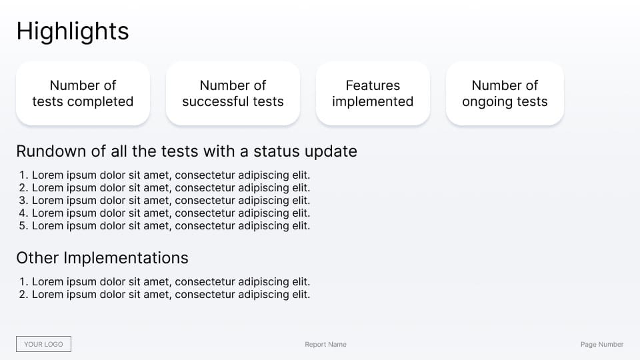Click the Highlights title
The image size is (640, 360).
pyautogui.click(x=73, y=31)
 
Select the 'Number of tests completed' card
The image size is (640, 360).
pyautogui.click(x=83, y=93)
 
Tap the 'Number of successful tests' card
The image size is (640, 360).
pyautogui.click(x=233, y=93)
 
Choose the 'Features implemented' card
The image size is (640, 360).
pyautogui.click(x=373, y=93)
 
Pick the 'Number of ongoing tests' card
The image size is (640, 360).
pyautogui.click(x=505, y=93)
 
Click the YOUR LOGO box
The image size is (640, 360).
pyautogui.click(x=44, y=344)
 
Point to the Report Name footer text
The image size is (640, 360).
pyautogui.click(x=326, y=345)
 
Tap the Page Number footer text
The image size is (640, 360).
pyautogui.click(x=602, y=345)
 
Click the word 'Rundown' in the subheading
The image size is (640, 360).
pyautogui.click(x=51, y=151)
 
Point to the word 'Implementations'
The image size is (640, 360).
pyautogui.click(x=126, y=259)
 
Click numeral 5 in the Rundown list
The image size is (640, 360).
pyautogui.click(x=23, y=226)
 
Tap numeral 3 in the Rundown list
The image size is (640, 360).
pyautogui.click(x=23, y=201)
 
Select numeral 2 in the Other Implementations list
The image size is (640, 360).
pyautogui.click(x=23, y=294)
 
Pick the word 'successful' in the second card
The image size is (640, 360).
pyautogui.click(x=210, y=101)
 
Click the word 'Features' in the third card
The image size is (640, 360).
pyautogui.click(x=373, y=85)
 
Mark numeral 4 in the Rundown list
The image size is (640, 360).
pyautogui.click(x=23, y=213)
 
